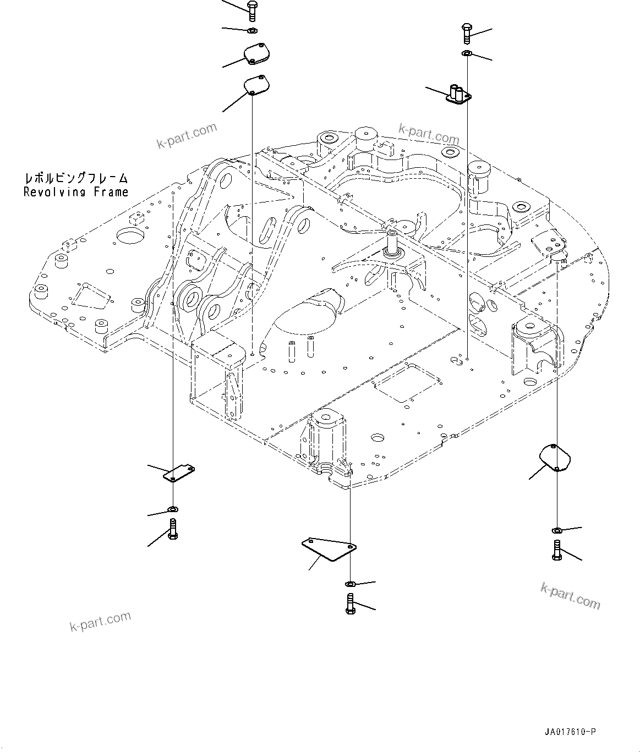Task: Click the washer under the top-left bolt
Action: pyautogui.click(x=252, y=30)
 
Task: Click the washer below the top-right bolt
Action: pyautogui.click(x=466, y=53)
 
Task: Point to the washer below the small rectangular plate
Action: pyautogui.click(x=173, y=509)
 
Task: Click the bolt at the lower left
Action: pyautogui.click(x=173, y=529)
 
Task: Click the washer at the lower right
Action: pyautogui.click(x=556, y=530)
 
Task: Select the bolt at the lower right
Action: pyautogui.click(x=556, y=550)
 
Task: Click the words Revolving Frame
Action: pyautogui.click(x=76, y=192)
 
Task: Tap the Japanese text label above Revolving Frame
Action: pyautogui.click(x=76, y=178)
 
